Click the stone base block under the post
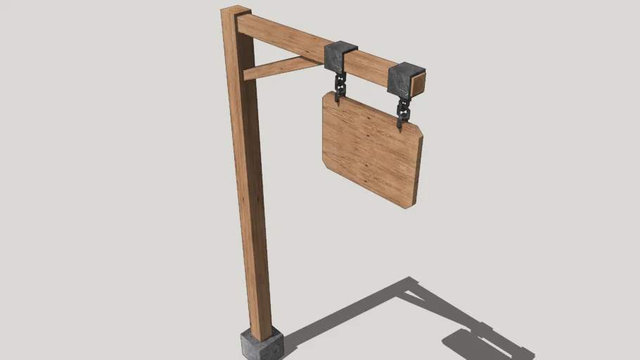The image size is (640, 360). pos(262,344)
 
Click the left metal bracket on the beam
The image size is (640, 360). pos(340,56)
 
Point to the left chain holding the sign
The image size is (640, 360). pos(340,84)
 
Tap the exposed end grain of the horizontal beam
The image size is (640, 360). pos(418,86)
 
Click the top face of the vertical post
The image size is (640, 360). pos(235,11)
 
